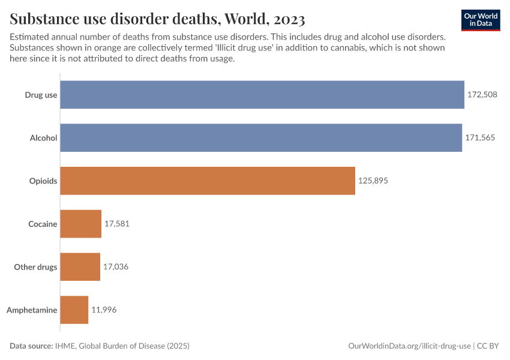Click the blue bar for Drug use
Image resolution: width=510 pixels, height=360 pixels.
pyautogui.click(x=262, y=95)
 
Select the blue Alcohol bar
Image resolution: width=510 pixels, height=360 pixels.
pyautogui.click(x=261, y=138)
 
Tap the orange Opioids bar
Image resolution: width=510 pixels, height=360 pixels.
pyautogui.click(x=208, y=181)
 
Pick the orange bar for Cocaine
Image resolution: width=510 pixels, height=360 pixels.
pyautogui.click(x=81, y=224)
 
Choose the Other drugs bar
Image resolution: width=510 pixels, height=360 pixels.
pyautogui.click(x=80, y=267)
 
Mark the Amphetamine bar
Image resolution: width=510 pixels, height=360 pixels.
pyautogui.click(x=74, y=310)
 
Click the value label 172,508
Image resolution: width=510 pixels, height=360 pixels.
pyautogui.click(x=482, y=95)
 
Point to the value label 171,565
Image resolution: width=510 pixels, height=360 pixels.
pyautogui.click(x=480, y=138)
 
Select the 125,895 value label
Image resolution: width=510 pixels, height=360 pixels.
pyautogui.click(x=373, y=181)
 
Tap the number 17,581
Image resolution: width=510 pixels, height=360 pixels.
pyautogui.click(x=117, y=224)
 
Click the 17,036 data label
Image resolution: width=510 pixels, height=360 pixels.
pyautogui.click(x=116, y=267)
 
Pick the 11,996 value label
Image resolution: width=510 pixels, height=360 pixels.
pyautogui.click(x=104, y=310)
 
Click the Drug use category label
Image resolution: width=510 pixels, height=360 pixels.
pyautogui.click(x=41, y=95)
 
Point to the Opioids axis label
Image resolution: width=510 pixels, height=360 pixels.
pyautogui.click(x=43, y=181)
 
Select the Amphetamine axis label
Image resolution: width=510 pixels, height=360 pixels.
pyautogui.click(x=32, y=310)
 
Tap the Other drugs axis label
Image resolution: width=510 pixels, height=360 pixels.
pyautogui.click(x=35, y=267)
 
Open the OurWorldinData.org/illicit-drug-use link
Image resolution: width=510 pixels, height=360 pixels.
pyautogui.click(x=410, y=346)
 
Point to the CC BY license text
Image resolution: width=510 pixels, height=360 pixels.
pyautogui.click(x=488, y=346)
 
